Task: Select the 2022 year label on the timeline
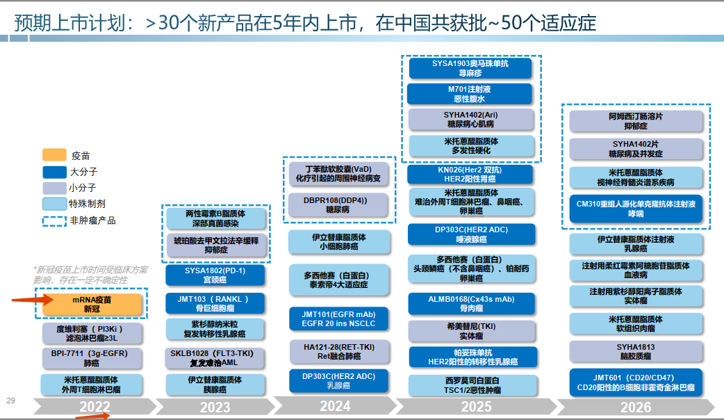coord(94,407)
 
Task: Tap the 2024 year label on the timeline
coord(336,405)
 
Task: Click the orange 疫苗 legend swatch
coord(54,155)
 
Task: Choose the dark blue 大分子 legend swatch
coord(54,171)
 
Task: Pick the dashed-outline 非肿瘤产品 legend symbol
coord(54,221)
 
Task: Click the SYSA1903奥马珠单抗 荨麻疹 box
coord(470,68)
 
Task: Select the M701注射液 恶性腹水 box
coord(470,94)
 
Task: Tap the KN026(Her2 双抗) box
coord(470,174)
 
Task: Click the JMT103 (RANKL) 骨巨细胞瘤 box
coord(215,303)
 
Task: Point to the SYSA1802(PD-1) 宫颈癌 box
coord(215,275)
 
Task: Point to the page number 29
coord(10,400)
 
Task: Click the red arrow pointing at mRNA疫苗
coord(32,300)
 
